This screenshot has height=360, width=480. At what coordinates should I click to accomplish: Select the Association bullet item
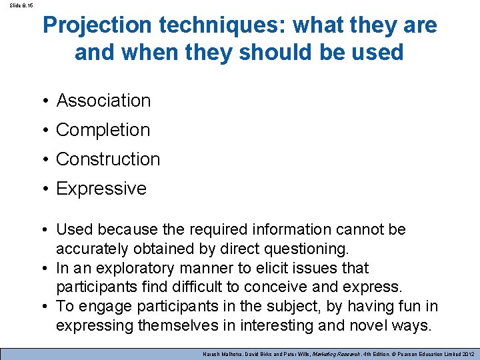[103, 101]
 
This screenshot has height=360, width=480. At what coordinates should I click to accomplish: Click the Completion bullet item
[103, 130]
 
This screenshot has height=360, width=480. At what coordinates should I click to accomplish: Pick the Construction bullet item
[108, 159]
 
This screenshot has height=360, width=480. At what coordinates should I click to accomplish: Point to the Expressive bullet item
[101, 189]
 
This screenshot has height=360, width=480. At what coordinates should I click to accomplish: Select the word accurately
[92, 249]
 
